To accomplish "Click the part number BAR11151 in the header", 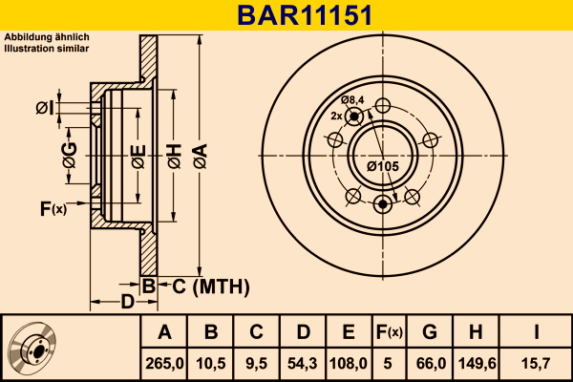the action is [306, 15].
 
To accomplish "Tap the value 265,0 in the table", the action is [164, 364].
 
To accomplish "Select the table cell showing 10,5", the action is [210, 364].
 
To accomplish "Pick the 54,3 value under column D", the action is [302, 364].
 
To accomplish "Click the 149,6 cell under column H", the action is [477, 364].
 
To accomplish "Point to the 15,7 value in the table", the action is [536, 364].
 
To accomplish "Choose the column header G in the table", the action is [430, 332].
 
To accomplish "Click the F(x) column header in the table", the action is [389, 332].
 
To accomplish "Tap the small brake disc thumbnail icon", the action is [32, 348].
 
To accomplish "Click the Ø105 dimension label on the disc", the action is [383, 166].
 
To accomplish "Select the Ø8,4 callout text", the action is [352, 99].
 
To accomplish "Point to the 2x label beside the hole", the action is [336, 116].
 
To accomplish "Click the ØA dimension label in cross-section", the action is [201, 156].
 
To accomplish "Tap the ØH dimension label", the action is [175, 156].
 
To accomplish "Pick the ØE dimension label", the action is [138, 157].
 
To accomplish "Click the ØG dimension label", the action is [70, 155].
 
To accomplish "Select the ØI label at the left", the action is [45, 108].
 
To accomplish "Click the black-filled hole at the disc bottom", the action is [382, 204].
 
